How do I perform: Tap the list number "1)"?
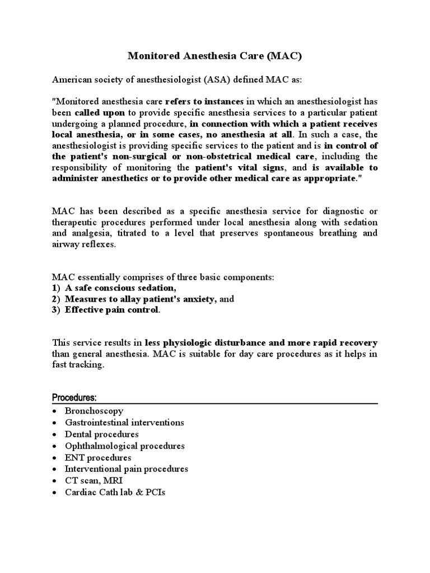[57, 288]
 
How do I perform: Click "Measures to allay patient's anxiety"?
[141, 299]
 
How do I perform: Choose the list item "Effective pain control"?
[112, 310]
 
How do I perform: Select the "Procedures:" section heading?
[74, 397]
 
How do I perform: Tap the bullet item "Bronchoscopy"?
[94, 411]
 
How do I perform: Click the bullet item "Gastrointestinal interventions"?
[124, 422]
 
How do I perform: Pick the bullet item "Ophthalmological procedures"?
[124, 446]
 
